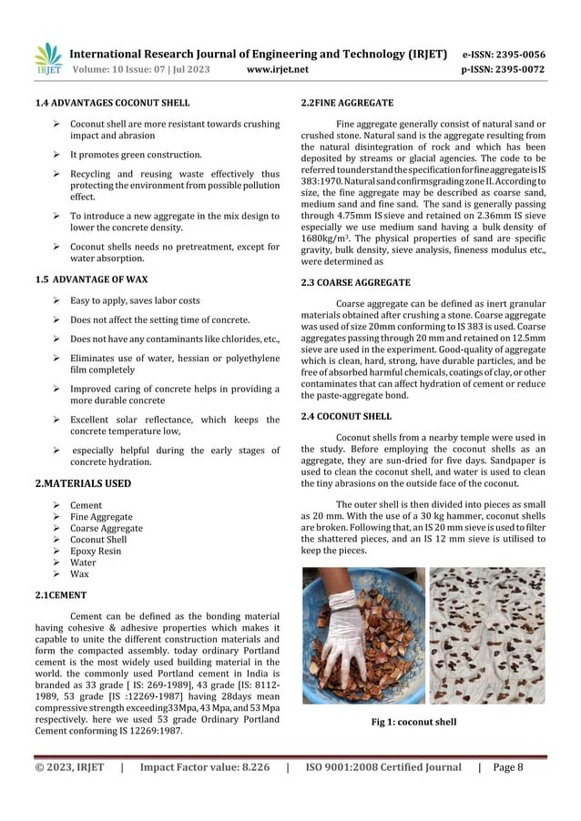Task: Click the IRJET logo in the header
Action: coord(47,61)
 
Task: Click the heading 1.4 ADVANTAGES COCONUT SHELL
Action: coord(112,102)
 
